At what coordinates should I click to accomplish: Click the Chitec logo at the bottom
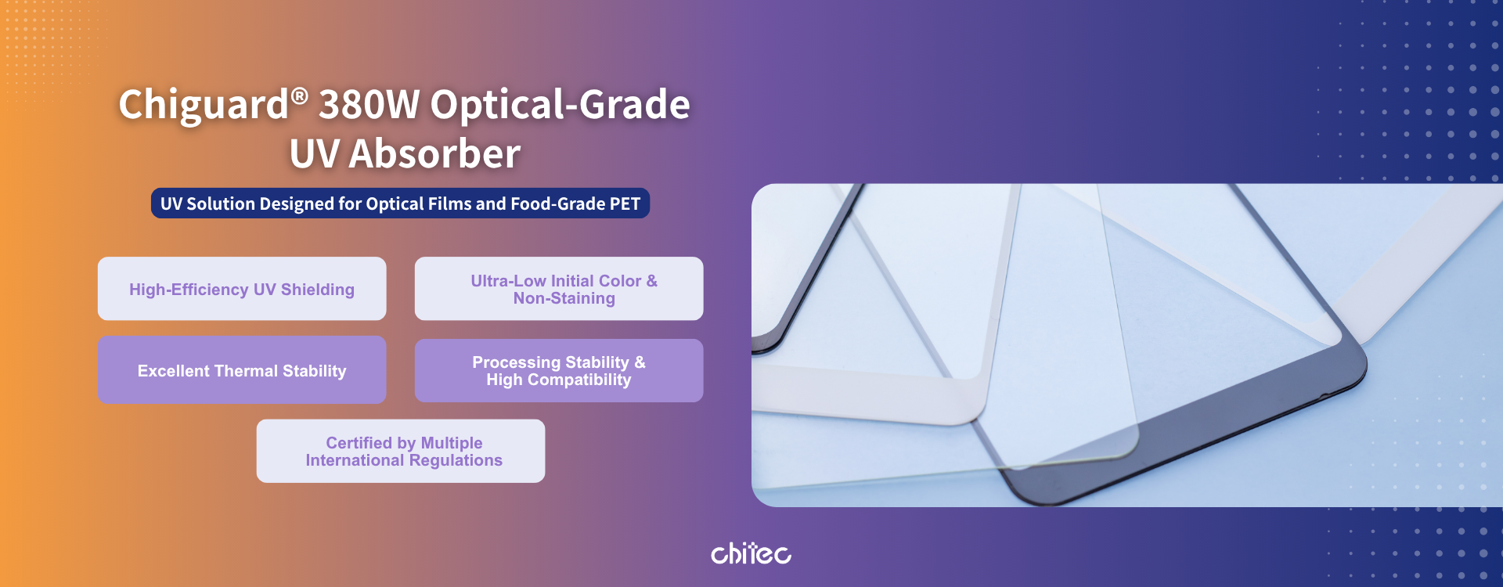(x=751, y=553)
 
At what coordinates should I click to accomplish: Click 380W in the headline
(x=369, y=104)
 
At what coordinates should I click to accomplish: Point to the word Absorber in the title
(x=434, y=153)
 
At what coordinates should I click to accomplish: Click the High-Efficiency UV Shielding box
(x=242, y=289)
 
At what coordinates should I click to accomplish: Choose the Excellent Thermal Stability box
(x=242, y=370)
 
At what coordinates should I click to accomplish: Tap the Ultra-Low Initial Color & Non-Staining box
(x=559, y=289)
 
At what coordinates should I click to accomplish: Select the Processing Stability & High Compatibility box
(x=559, y=371)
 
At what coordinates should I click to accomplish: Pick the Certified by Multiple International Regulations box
(x=401, y=451)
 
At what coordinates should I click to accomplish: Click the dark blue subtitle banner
(x=400, y=203)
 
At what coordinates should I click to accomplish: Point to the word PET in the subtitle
(x=625, y=204)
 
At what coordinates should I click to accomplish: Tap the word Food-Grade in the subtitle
(x=557, y=204)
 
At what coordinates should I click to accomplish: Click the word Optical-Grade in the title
(x=560, y=105)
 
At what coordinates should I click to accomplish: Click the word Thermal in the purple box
(x=247, y=371)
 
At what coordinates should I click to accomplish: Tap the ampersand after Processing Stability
(x=640, y=362)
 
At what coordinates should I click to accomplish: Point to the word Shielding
(x=318, y=290)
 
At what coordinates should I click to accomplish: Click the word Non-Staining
(x=564, y=298)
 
